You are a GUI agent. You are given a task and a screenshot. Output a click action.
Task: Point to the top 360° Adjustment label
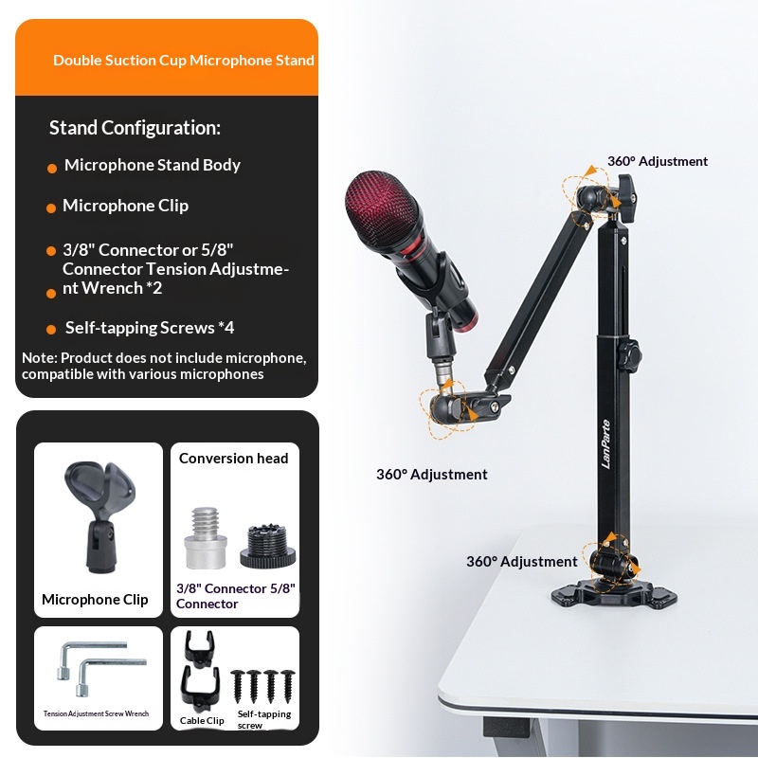[x=658, y=161]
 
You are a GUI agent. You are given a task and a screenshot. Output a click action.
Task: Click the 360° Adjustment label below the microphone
[x=431, y=474]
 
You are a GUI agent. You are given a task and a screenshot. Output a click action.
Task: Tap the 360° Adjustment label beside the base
[x=521, y=561]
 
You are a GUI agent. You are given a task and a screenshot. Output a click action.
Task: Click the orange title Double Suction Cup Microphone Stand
[x=184, y=60]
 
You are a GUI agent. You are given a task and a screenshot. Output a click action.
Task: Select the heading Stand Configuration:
[x=135, y=128]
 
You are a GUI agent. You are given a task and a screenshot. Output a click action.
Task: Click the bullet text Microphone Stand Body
[x=152, y=165]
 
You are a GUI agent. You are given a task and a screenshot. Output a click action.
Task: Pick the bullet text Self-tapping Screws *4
[x=150, y=328]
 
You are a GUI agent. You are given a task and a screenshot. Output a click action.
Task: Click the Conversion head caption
[x=233, y=459]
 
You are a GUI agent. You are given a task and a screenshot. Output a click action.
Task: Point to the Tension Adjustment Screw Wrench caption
[x=96, y=713]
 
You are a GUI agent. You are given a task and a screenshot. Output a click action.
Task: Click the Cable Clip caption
[x=202, y=720]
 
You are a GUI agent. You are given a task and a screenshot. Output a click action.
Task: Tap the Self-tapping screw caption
[x=263, y=719]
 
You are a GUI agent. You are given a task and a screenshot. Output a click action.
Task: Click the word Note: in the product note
[x=38, y=358]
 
